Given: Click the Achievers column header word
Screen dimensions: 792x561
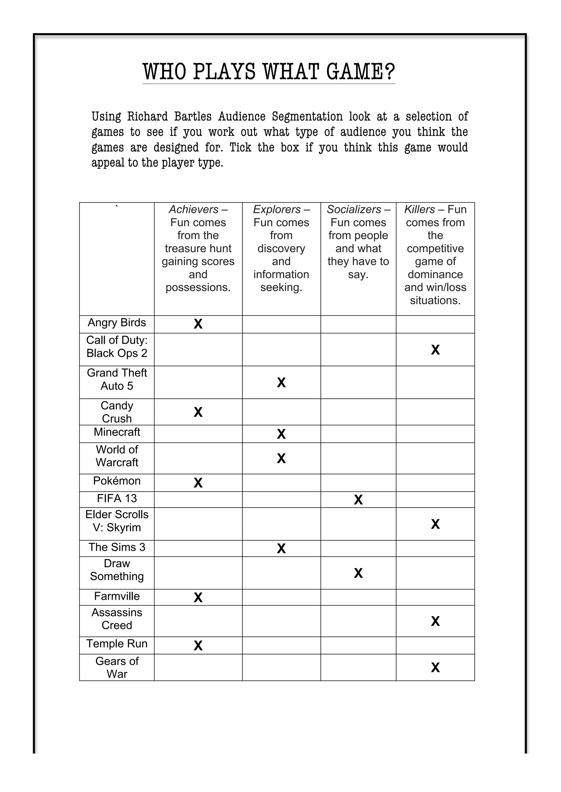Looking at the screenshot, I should click(x=194, y=209).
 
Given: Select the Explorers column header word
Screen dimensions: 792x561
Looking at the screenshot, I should click(x=277, y=209).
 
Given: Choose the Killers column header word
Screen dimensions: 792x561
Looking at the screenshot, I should click(x=419, y=209).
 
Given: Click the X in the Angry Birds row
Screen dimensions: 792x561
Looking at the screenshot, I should click(x=198, y=324).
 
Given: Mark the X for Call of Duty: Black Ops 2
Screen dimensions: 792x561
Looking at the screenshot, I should click(x=435, y=350).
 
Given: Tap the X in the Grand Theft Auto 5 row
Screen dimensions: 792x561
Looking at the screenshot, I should click(x=281, y=383).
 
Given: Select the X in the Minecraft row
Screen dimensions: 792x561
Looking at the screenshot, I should click(x=281, y=434).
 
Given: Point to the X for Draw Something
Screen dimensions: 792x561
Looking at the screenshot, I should click(x=358, y=573).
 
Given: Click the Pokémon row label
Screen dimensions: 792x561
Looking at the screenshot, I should click(x=117, y=481).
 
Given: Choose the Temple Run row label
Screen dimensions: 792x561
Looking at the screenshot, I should click(x=117, y=644).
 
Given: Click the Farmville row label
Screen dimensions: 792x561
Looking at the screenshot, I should click(x=117, y=596).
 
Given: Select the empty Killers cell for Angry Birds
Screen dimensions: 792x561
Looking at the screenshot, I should click(x=435, y=324).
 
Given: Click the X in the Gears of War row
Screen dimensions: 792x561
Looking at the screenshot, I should click(x=435, y=668).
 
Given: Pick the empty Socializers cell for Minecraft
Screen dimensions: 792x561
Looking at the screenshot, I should click(x=358, y=434).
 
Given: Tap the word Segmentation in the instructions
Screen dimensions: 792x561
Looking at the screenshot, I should click(x=307, y=117).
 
